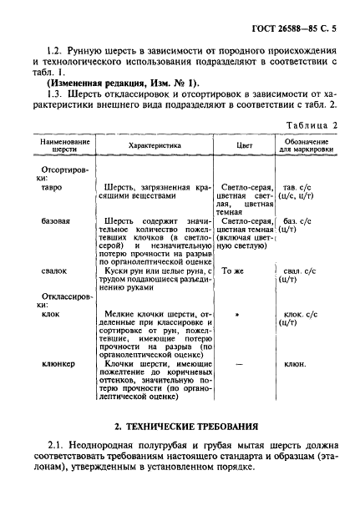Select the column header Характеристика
155,145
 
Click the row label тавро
52,188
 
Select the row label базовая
57,221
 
